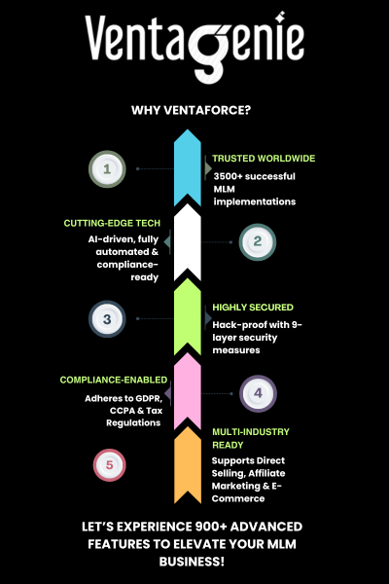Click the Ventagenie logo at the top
pyautogui.click(x=194, y=47)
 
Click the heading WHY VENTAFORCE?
pyautogui.click(x=191, y=110)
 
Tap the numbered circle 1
pyautogui.click(x=107, y=169)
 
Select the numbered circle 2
pyautogui.click(x=257, y=241)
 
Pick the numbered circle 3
pyautogui.click(x=107, y=319)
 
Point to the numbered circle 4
pyautogui.click(x=258, y=393)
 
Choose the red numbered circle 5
pyautogui.click(x=110, y=465)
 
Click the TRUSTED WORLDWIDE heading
pyautogui.click(x=264, y=159)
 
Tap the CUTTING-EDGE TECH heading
pyautogui.click(x=112, y=223)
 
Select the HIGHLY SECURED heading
pyautogui.click(x=253, y=308)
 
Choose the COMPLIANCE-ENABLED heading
pyautogui.click(x=114, y=380)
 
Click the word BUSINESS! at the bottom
pyautogui.click(x=192, y=562)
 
